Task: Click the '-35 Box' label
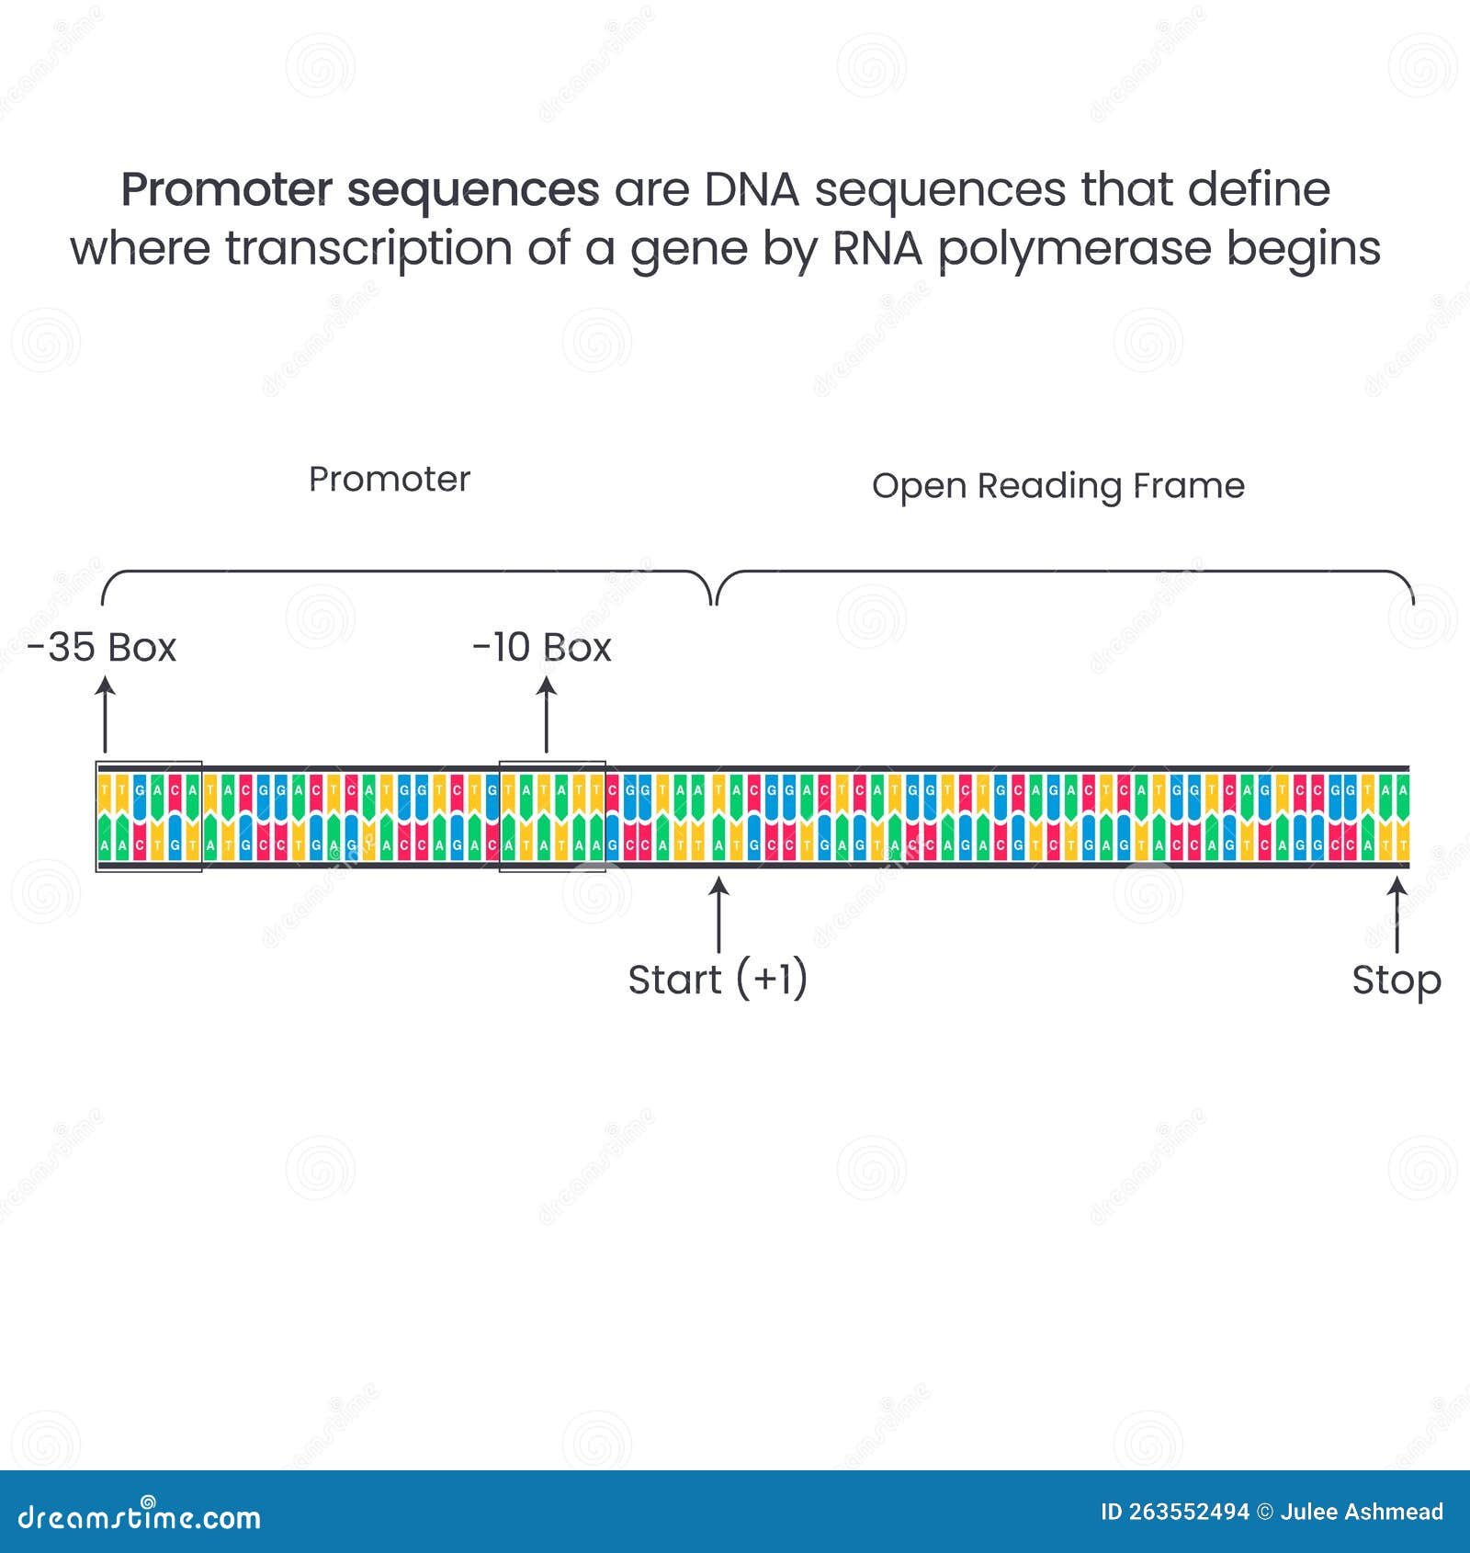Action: (x=101, y=648)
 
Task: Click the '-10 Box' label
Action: (x=541, y=648)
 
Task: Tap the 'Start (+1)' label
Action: (x=718, y=980)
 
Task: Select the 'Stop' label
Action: (x=1396, y=980)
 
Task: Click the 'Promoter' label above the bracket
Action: (x=390, y=479)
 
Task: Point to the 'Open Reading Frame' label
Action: (x=1057, y=485)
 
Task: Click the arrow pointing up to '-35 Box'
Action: (x=106, y=715)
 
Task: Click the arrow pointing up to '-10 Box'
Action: (x=547, y=715)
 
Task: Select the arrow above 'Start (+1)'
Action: (x=718, y=914)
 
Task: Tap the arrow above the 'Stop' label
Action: (x=1396, y=914)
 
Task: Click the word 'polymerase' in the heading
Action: (x=1074, y=249)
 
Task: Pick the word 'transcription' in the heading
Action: (x=368, y=249)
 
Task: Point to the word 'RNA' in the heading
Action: (x=876, y=249)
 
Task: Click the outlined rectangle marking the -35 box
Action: (x=149, y=816)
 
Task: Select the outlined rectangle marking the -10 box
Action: (x=552, y=816)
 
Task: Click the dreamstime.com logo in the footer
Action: (x=139, y=1517)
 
